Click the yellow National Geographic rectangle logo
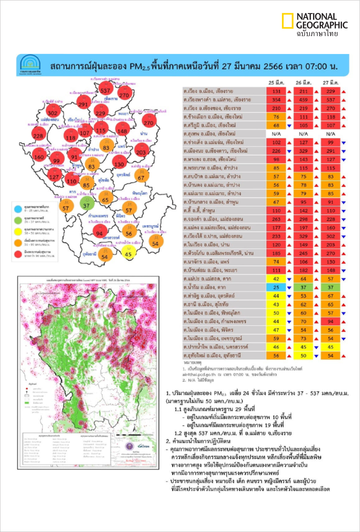288,21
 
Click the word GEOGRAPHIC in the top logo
322,25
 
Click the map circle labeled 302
53,112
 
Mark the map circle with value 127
54,177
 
